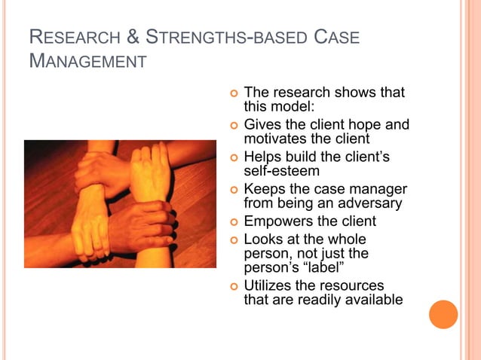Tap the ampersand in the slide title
pyautogui.click(x=131, y=38)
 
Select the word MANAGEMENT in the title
pyautogui.click(x=87, y=61)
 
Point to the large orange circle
pyautogui.click(x=443, y=314)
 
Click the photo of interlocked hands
pyautogui.click(x=120, y=203)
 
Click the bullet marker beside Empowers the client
pyautogui.click(x=233, y=222)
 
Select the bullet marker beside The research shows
pyautogui.click(x=233, y=93)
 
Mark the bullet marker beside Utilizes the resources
pyautogui.click(x=233, y=287)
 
